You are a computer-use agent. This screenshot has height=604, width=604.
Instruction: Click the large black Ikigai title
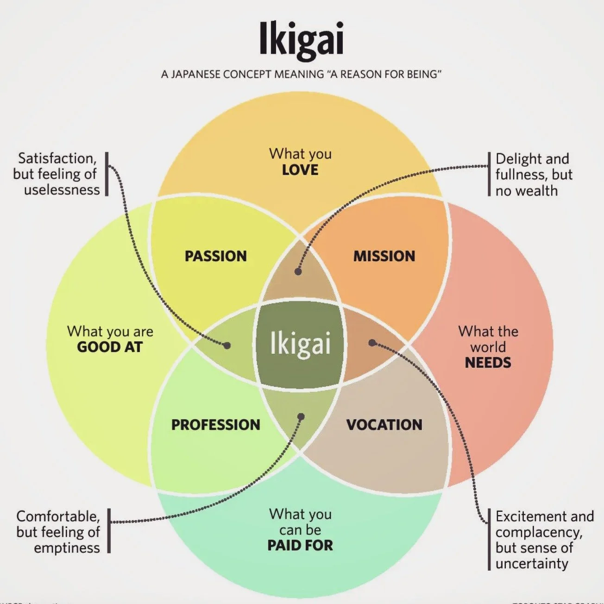pyautogui.click(x=301, y=39)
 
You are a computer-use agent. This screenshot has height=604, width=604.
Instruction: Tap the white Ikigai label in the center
pyautogui.click(x=300, y=344)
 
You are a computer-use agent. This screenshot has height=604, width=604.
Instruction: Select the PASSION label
pyautogui.click(x=215, y=256)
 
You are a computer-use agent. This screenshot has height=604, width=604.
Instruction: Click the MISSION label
pyautogui.click(x=384, y=256)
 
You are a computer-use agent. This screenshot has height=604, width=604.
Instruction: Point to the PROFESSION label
pyautogui.click(x=215, y=425)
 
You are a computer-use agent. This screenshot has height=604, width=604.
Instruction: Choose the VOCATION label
pyautogui.click(x=384, y=425)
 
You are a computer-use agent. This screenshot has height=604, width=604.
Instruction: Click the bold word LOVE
pyautogui.click(x=300, y=170)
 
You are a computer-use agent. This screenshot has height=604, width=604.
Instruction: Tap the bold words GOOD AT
pyautogui.click(x=110, y=347)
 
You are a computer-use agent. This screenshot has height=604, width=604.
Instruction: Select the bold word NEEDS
pyautogui.click(x=488, y=362)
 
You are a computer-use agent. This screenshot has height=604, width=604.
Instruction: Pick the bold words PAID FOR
pyautogui.click(x=300, y=545)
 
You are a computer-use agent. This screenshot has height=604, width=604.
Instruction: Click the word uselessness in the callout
pyautogui.click(x=62, y=190)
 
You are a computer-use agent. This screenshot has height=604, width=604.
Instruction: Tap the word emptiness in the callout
pyautogui.click(x=67, y=548)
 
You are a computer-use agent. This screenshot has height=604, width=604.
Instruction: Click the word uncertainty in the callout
pyautogui.click(x=532, y=564)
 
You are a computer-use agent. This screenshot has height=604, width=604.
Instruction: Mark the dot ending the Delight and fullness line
pyautogui.click(x=298, y=271)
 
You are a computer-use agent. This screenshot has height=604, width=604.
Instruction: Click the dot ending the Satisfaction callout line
pyautogui.click(x=227, y=345)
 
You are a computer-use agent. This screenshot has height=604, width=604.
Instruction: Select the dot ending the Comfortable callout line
pyautogui.click(x=301, y=416)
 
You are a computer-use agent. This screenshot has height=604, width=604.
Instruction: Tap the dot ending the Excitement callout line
pyautogui.click(x=372, y=343)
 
